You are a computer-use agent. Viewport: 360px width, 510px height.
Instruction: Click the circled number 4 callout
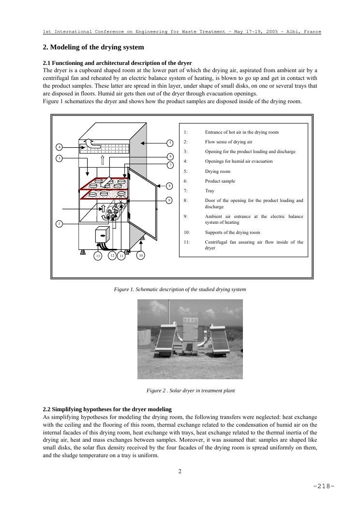(59, 147)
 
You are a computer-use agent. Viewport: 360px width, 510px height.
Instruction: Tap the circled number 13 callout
(98, 256)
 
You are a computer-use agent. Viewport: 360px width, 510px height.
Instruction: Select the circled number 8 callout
(169, 185)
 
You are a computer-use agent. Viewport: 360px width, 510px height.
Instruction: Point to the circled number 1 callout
(59, 224)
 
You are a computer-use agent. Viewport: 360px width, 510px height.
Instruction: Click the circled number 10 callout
(140, 255)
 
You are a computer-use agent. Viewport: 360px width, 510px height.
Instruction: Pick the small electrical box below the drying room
(102, 234)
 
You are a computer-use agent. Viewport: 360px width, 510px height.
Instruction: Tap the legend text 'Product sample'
(220, 181)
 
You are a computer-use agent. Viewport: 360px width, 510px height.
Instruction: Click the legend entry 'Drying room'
(217, 171)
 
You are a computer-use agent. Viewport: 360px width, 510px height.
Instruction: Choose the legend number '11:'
(187, 242)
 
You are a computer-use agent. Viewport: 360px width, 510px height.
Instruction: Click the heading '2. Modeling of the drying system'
(93, 47)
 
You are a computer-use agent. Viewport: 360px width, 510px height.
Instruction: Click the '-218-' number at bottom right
(324, 486)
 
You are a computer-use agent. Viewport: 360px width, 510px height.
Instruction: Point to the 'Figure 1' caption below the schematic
(180, 289)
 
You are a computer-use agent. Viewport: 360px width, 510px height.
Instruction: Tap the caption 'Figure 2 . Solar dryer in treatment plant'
(190, 390)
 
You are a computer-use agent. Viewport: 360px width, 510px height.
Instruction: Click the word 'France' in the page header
(312, 31)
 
